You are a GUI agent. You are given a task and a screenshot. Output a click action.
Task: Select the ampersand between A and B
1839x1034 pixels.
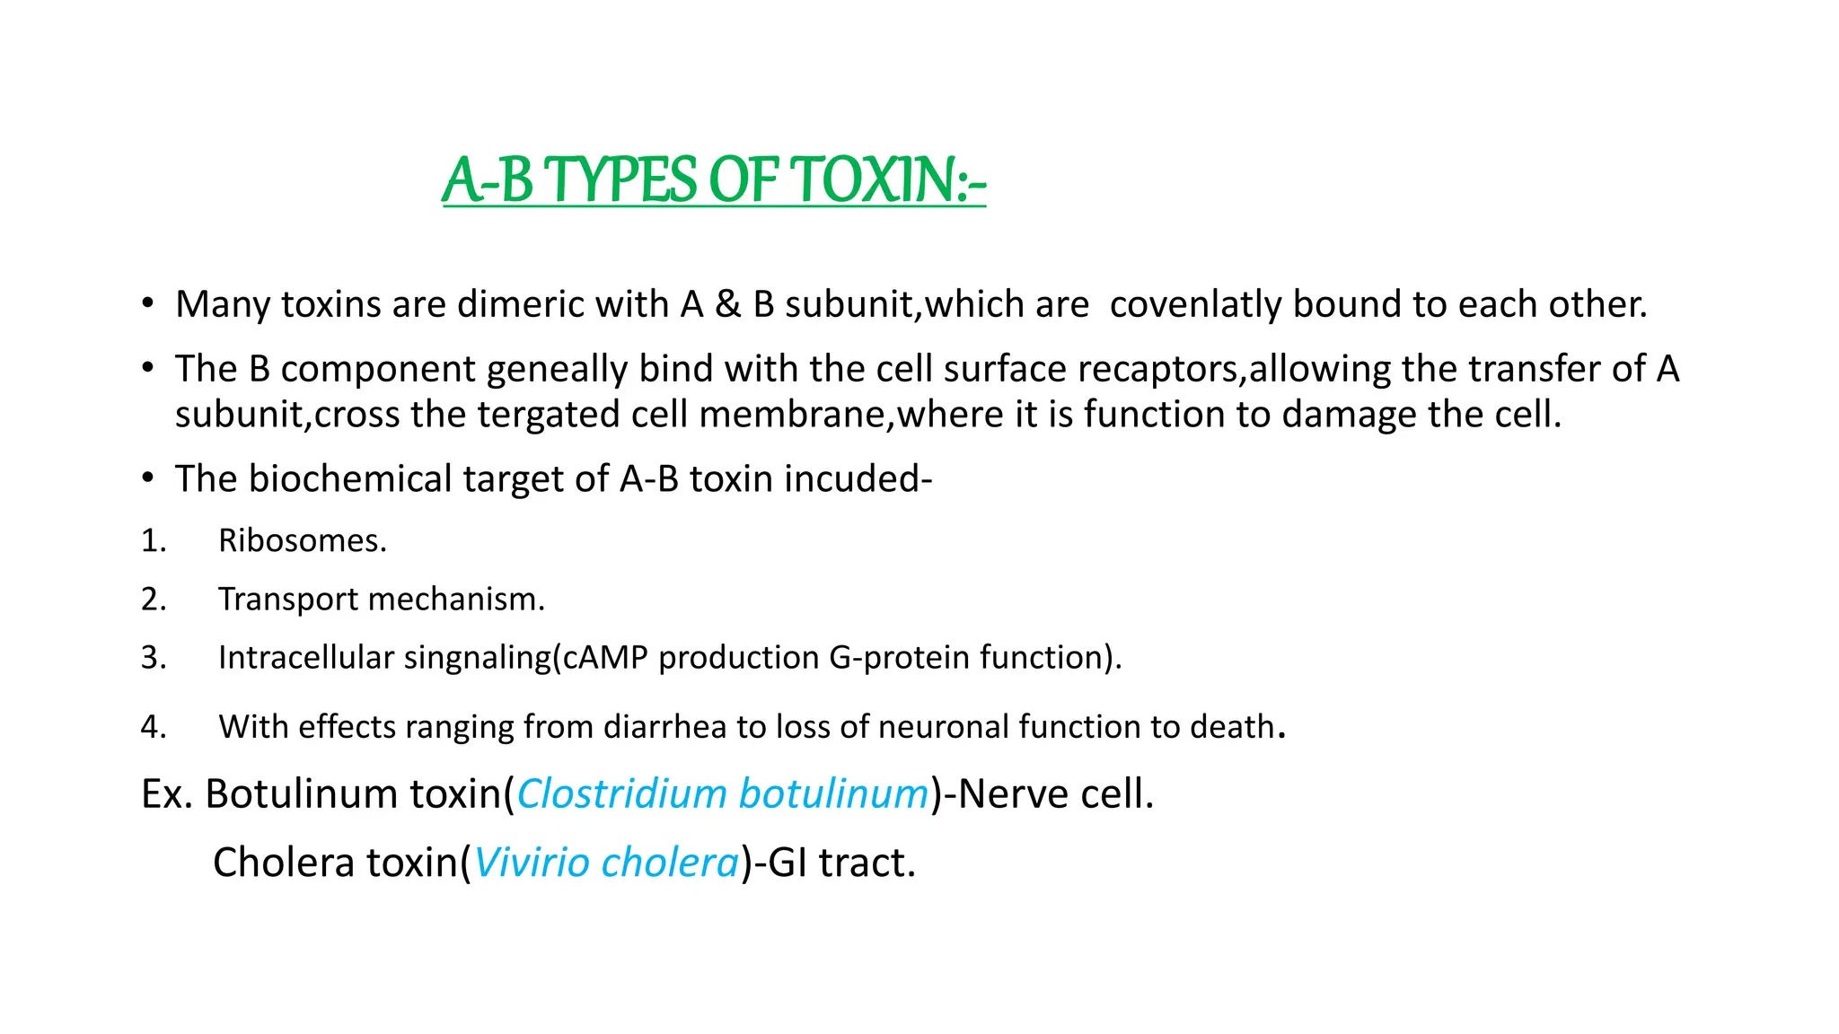pos(727,304)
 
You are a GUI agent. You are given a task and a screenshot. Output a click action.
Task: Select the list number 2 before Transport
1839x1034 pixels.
pos(153,599)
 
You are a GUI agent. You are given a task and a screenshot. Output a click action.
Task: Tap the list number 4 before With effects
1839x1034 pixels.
pos(153,726)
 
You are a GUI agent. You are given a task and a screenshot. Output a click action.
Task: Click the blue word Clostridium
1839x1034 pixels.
pos(621,793)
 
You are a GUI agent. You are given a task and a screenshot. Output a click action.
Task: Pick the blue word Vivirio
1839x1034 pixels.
pos(532,863)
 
